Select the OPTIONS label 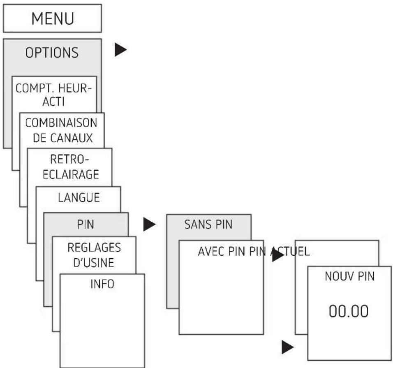click(52, 53)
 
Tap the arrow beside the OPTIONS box click(121, 50)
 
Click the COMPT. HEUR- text click(53, 88)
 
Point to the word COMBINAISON click(61, 123)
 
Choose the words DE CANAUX click(63, 138)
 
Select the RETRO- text click(69, 159)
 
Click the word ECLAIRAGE click(71, 174)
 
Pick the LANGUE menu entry click(79, 197)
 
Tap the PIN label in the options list click(86, 225)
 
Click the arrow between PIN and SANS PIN click(150, 225)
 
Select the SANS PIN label click(208, 225)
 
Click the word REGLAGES click(94, 248)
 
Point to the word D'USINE click(94, 263)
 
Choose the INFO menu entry click(102, 284)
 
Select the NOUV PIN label click(350, 276)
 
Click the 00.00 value click(349, 311)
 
